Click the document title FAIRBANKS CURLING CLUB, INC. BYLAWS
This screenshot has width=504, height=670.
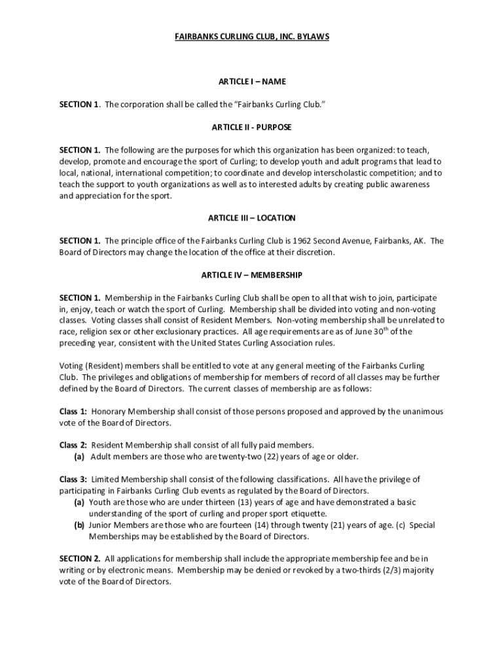click(x=251, y=37)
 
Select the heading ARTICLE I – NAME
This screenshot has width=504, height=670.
click(x=252, y=82)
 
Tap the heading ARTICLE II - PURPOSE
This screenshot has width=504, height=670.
click(x=251, y=127)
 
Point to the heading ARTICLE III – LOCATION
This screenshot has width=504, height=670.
click(x=252, y=218)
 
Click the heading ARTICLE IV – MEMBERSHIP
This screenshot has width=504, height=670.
click(x=252, y=275)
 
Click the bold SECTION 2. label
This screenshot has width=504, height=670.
click(x=80, y=559)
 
